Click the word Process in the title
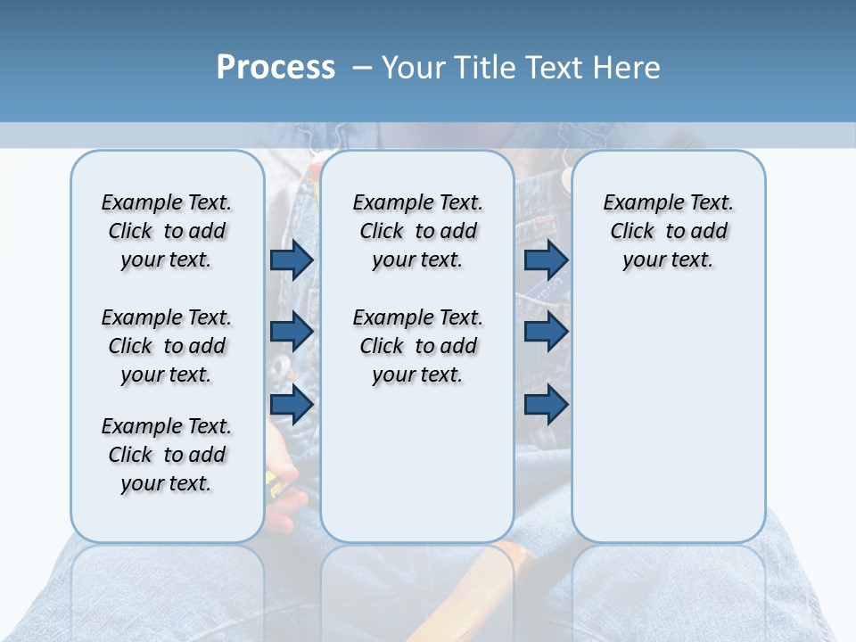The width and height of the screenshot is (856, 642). (276, 68)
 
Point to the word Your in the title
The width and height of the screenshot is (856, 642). (416, 68)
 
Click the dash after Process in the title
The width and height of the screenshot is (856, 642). (362, 69)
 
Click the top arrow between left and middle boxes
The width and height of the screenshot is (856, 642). (292, 259)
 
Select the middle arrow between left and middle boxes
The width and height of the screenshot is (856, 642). (292, 332)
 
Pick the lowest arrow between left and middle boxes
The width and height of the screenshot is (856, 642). (292, 404)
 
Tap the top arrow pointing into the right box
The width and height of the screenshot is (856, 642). (546, 259)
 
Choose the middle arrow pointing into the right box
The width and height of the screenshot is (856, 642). (546, 332)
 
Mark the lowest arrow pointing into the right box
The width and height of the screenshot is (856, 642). (546, 405)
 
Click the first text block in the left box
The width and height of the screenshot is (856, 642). (167, 231)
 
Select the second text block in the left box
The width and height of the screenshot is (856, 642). (167, 346)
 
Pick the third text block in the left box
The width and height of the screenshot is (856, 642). (167, 455)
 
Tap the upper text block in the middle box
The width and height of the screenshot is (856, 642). (417, 231)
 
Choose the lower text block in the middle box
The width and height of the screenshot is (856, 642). (417, 346)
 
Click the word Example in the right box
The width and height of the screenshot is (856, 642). (637, 202)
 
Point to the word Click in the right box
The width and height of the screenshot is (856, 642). (632, 231)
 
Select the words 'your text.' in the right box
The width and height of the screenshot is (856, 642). (668, 259)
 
